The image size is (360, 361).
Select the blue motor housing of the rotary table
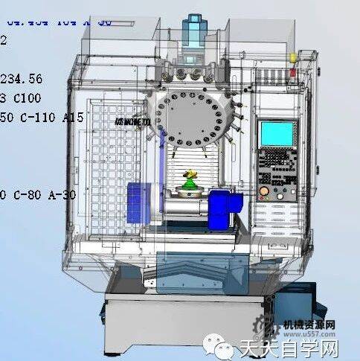tap(222, 207)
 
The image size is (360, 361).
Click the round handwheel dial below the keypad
tap(264, 193)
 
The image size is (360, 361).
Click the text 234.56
tap(21, 79)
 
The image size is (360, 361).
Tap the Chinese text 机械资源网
tap(305, 326)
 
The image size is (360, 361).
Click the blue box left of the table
tap(137, 202)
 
